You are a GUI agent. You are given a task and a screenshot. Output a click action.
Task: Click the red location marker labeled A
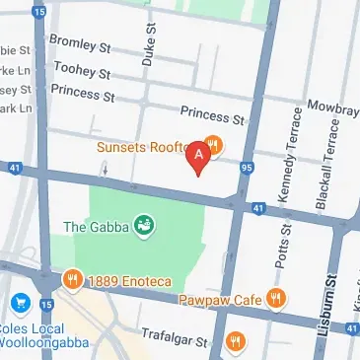[x=201, y=156]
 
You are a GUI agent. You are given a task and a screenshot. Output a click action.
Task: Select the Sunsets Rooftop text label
[x=145, y=147]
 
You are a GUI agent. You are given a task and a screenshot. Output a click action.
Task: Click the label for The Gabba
[x=94, y=226]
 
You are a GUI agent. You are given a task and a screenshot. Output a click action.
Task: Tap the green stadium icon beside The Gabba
[x=145, y=226]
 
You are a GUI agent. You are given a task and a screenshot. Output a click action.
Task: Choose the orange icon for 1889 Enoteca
[x=72, y=281]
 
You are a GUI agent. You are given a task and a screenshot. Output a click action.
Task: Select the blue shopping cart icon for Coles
[x=19, y=301]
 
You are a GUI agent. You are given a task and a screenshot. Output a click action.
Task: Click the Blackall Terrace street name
[x=322, y=158]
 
